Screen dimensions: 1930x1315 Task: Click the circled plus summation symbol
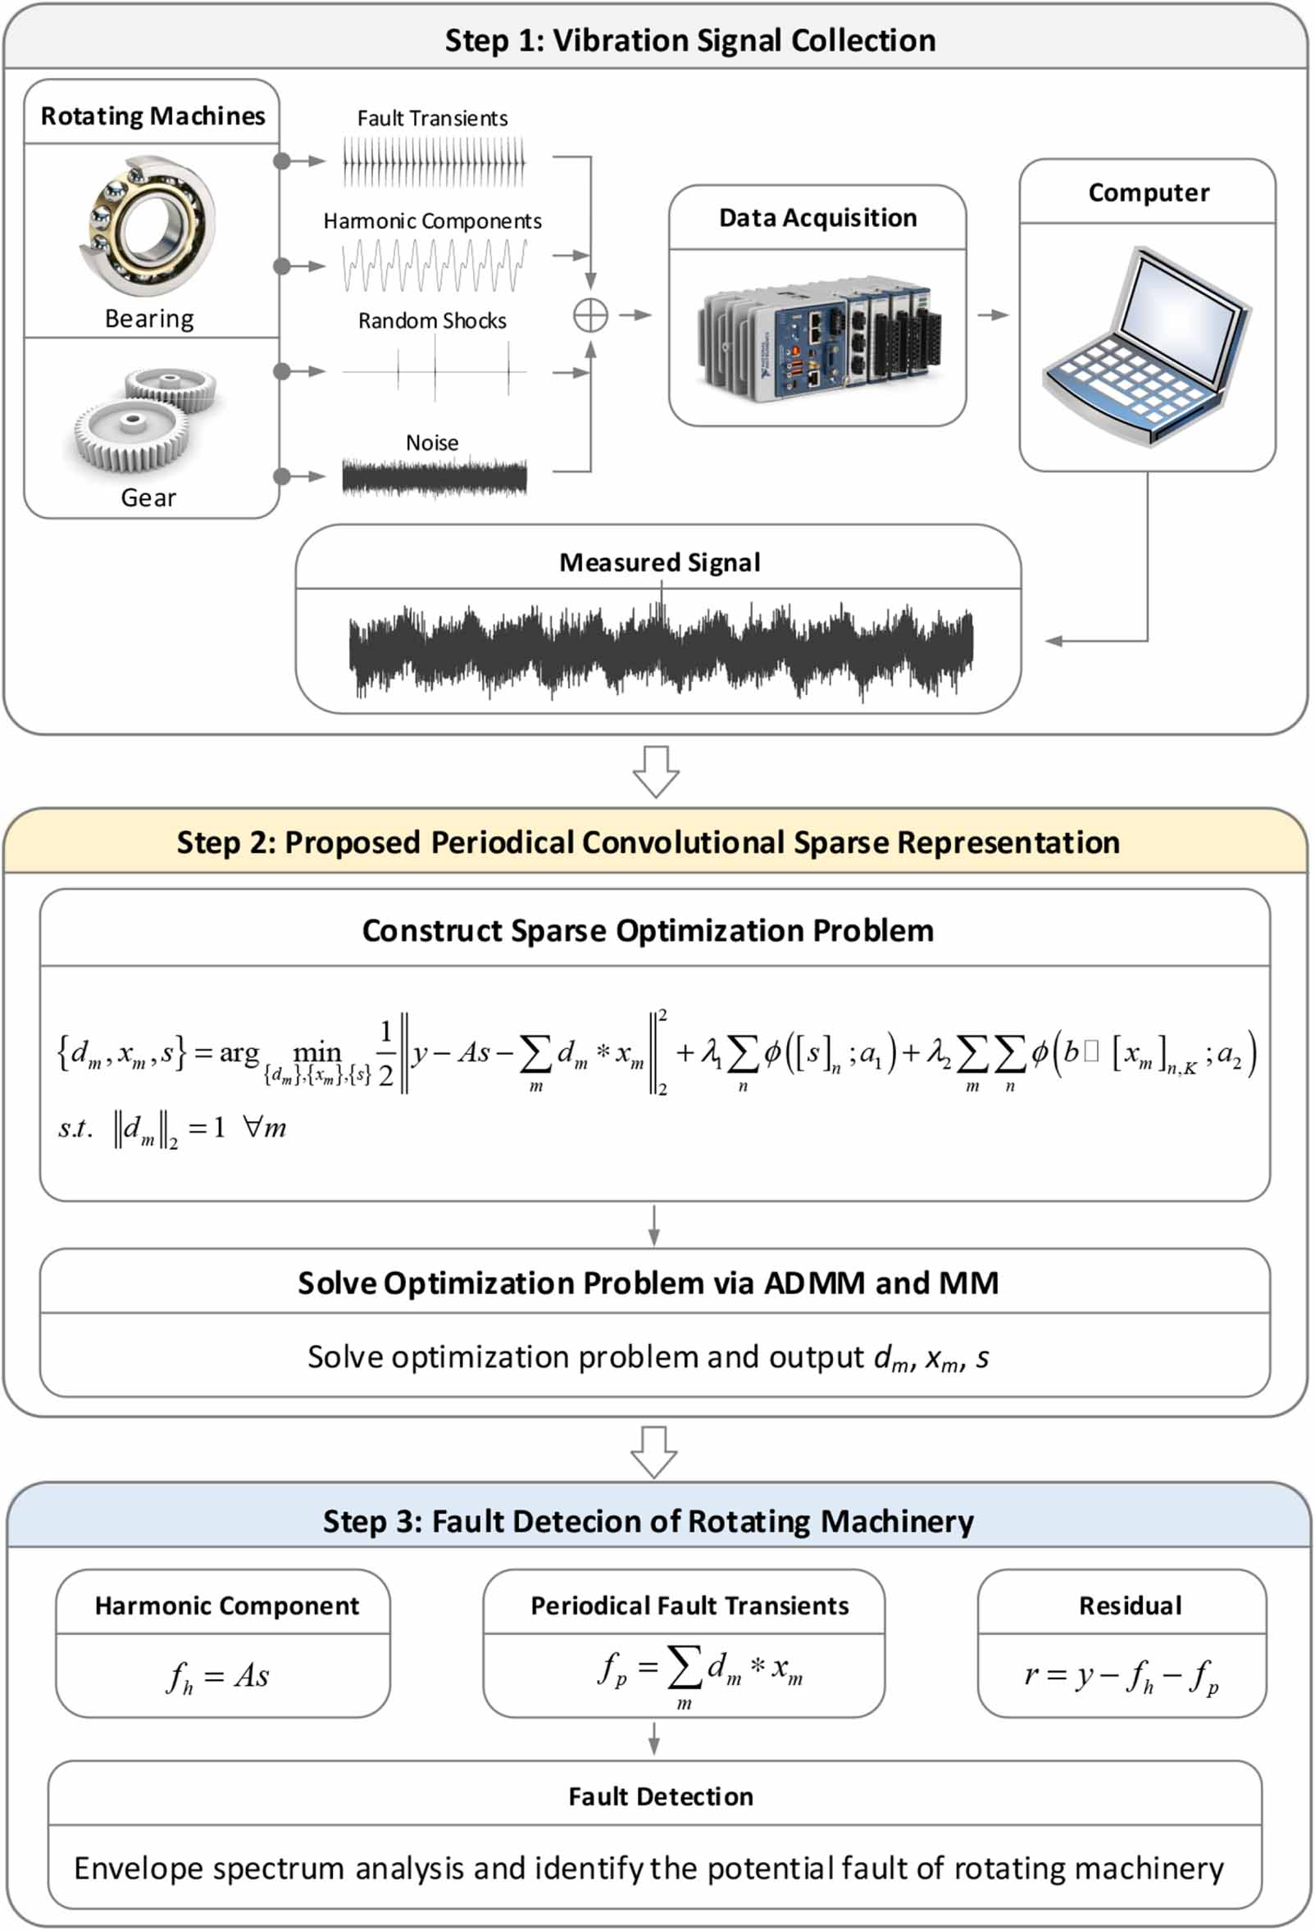[589, 316]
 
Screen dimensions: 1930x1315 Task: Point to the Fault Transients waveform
[434, 162]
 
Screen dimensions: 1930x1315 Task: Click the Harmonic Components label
[432, 221]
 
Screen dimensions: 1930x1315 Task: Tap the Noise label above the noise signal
[432, 443]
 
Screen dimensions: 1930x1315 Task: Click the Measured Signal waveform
[661, 652]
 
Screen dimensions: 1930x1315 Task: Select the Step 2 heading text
[648, 842]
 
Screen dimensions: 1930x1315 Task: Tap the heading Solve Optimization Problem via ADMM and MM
[648, 1283]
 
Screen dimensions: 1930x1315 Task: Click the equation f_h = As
[218, 1676]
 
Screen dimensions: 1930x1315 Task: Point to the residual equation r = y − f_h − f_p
[1122, 1676]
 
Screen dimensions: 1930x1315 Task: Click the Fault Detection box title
[661, 1796]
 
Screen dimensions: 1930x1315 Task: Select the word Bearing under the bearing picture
[149, 319]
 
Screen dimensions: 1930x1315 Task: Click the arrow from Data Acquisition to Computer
[993, 315]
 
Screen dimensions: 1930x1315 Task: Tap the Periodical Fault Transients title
[689, 1605]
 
